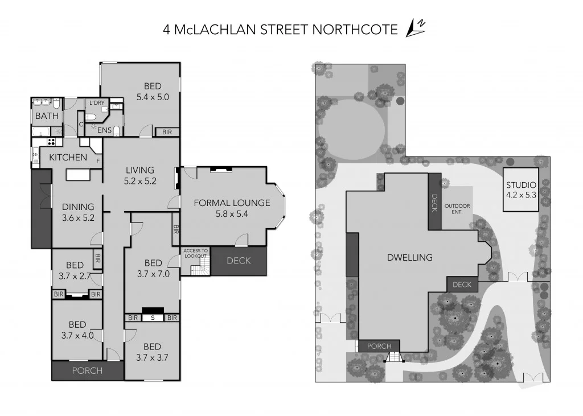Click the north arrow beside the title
pos(415,28)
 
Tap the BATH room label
pos(47,116)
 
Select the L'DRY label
pos(96,103)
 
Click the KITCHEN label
pos(68,157)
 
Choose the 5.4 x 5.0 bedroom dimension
pos(153,97)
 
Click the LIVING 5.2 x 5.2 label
pos(140,175)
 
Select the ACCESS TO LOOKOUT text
pos(195,253)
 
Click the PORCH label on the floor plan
pos(87,370)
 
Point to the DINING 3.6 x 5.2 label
pos(78,212)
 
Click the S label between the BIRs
pos(153,318)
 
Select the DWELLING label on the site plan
pos(409,257)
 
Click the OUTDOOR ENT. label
pos(458,208)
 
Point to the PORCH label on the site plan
pos(379,346)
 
